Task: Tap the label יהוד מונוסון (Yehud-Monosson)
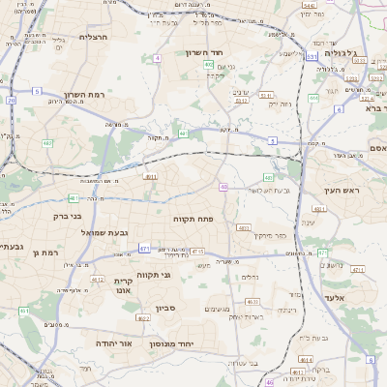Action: pos(172,343)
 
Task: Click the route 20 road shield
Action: pos(11,100)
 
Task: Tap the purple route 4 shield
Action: pos(157,58)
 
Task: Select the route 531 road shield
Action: pos(312,57)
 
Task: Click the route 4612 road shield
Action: pos(97,280)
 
